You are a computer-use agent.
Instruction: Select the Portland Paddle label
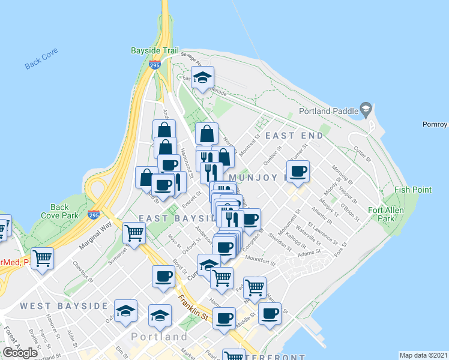pyautogui.click(x=328, y=110)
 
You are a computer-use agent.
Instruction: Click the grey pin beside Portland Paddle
pyautogui.click(x=364, y=109)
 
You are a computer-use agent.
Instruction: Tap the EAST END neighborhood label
pyautogui.click(x=294, y=136)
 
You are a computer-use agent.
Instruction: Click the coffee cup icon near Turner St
pyautogui.click(x=297, y=172)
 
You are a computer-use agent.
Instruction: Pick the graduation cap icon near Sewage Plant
pyautogui.click(x=202, y=78)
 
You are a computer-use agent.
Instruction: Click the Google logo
pyautogui.click(x=20, y=353)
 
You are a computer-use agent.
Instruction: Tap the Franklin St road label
pyautogui.click(x=194, y=307)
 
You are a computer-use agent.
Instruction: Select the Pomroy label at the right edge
pyautogui.click(x=435, y=125)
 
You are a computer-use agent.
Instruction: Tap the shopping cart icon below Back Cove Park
pyautogui.click(x=43, y=259)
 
